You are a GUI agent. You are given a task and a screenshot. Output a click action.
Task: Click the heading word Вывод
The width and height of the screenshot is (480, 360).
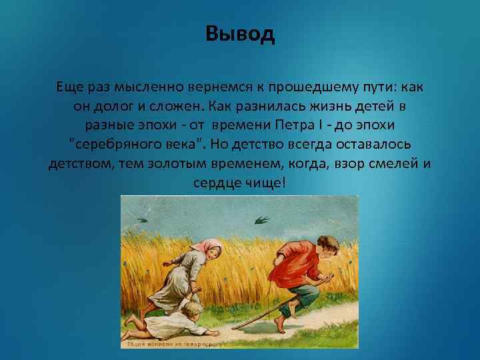(x=240, y=34)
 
